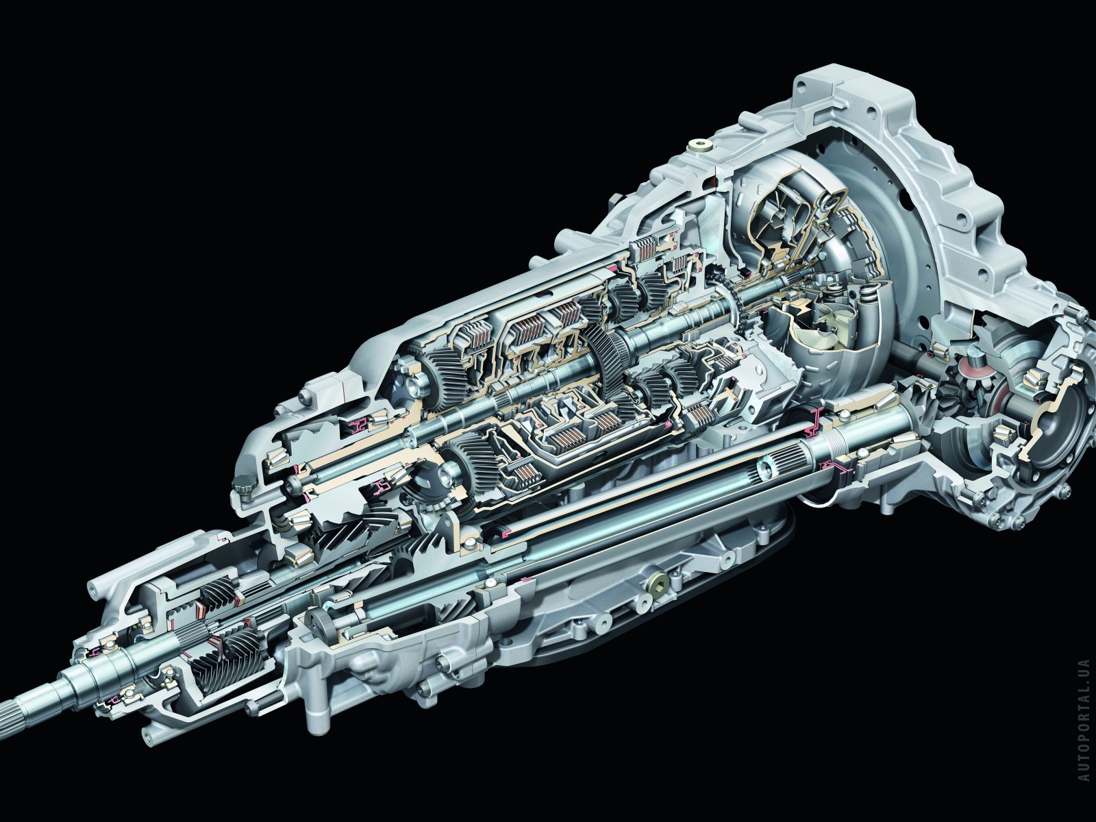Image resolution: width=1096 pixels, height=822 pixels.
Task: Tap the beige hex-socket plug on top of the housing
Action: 695,146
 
